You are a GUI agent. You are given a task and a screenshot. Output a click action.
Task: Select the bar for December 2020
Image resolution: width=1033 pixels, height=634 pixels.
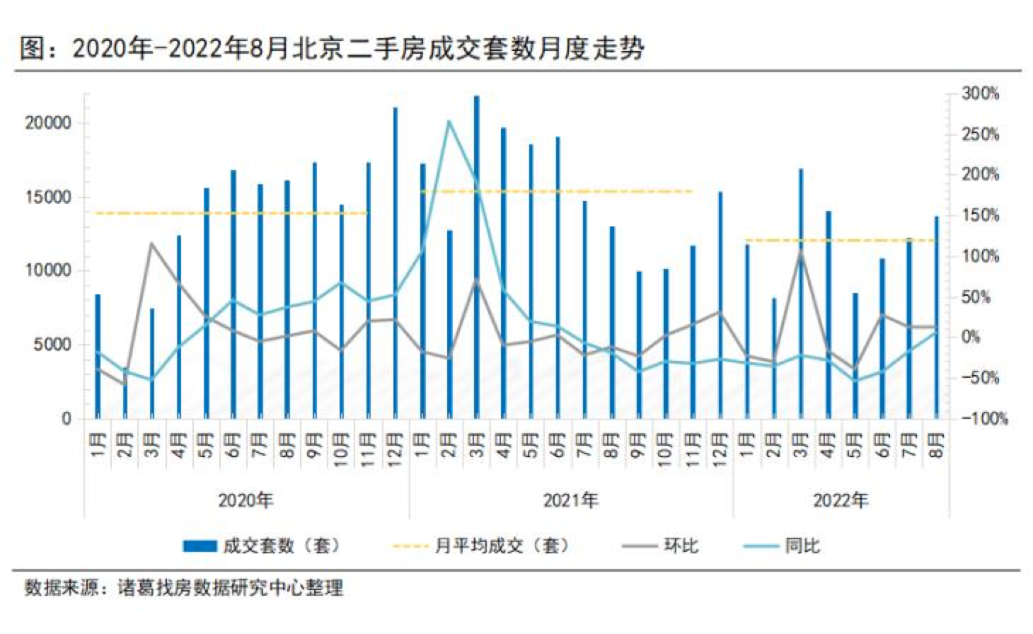point(396,262)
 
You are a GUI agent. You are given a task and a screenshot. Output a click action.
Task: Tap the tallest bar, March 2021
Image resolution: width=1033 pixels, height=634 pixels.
point(476,255)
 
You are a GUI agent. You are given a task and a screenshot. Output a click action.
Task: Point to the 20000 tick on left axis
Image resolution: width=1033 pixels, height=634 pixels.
point(48,123)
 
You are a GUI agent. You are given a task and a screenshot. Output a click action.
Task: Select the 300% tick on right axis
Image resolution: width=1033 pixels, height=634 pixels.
point(981,93)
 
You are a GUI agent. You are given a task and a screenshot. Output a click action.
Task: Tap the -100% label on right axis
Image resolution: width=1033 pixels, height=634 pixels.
point(984,418)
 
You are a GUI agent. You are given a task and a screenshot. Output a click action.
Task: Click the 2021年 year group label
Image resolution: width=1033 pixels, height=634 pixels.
point(570,500)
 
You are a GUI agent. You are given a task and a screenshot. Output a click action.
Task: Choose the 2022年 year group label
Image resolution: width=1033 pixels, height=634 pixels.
point(841,500)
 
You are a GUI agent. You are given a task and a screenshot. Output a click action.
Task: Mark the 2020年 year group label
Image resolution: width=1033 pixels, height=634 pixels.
point(246,500)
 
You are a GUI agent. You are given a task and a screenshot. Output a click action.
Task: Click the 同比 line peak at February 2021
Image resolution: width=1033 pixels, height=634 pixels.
point(449,121)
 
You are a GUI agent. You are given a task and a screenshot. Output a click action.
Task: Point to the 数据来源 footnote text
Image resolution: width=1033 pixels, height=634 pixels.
point(184,587)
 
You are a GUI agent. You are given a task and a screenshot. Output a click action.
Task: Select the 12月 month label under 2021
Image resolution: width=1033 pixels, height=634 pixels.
point(720,444)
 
